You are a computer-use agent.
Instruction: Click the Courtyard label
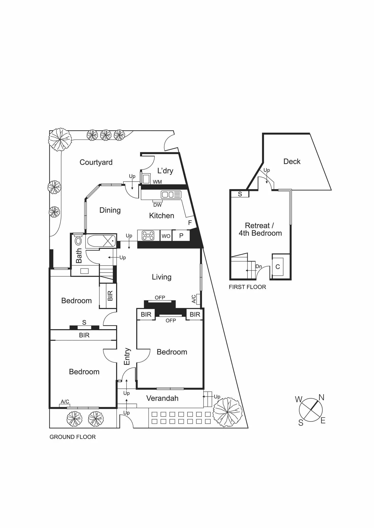coord(96,162)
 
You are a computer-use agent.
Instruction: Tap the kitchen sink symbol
coord(171,195)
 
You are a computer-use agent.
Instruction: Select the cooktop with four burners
coord(148,235)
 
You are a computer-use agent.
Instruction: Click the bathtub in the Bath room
coord(101,241)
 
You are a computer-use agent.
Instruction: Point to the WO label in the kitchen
coord(166,236)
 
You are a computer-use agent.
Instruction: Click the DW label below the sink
coord(158,205)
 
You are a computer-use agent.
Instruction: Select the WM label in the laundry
coord(157,182)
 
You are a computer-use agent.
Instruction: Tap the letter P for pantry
coord(181,236)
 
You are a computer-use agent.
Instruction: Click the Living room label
coord(162,277)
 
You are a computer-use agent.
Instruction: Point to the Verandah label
coord(162,398)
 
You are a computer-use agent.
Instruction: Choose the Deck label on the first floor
coord(292,161)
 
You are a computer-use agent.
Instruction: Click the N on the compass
coord(321,397)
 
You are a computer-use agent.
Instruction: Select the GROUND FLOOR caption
coord(72,437)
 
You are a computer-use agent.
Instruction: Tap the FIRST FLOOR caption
coord(247,287)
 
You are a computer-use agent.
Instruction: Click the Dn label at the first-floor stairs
coord(258,266)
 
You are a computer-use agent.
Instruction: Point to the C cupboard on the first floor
coord(278,267)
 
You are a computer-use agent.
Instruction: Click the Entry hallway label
coord(127,356)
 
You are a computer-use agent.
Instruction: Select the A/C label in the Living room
coord(194,299)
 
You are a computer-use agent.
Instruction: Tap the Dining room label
coord(110,210)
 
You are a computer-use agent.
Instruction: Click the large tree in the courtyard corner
coord(60,140)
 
